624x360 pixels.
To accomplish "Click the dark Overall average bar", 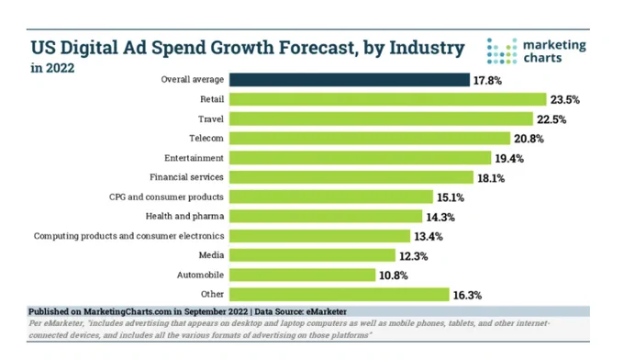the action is click(350, 80).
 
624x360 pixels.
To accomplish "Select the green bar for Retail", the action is click(388, 99).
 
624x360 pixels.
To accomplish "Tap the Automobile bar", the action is click(303, 275).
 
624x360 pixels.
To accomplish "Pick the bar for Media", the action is click(312, 255).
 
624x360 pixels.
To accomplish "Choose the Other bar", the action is click(340, 294).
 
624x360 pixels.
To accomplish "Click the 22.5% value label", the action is click(552, 119).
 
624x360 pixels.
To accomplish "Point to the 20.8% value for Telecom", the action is click(529, 139).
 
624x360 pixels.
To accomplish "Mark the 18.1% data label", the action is click(491, 178).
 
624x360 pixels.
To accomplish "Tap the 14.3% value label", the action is click(440, 217).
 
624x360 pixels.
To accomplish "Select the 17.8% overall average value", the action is click(487, 81).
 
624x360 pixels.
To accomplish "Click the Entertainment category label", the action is click(195, 158).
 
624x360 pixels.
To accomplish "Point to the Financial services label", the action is click(186, 177).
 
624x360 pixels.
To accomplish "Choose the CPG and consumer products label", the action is click(166, 197).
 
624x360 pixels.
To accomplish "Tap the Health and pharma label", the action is click(184, 216).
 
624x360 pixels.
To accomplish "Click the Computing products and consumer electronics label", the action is click(129, 236).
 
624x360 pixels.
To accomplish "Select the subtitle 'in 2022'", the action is click(52, 68).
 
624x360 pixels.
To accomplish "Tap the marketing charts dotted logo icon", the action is click(502, 51).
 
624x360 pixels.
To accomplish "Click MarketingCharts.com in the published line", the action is click(128, 311).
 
